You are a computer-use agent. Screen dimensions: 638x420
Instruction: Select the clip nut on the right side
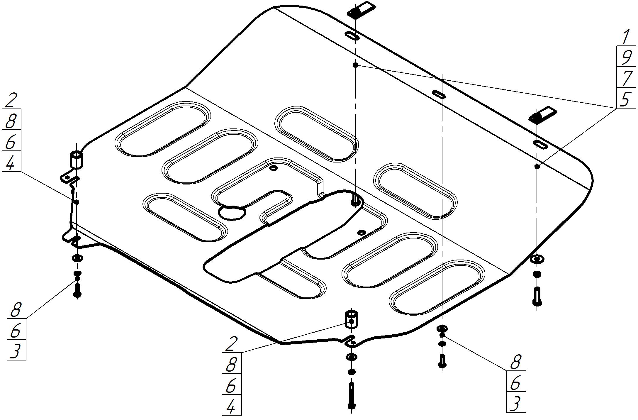(x=542, y=114)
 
